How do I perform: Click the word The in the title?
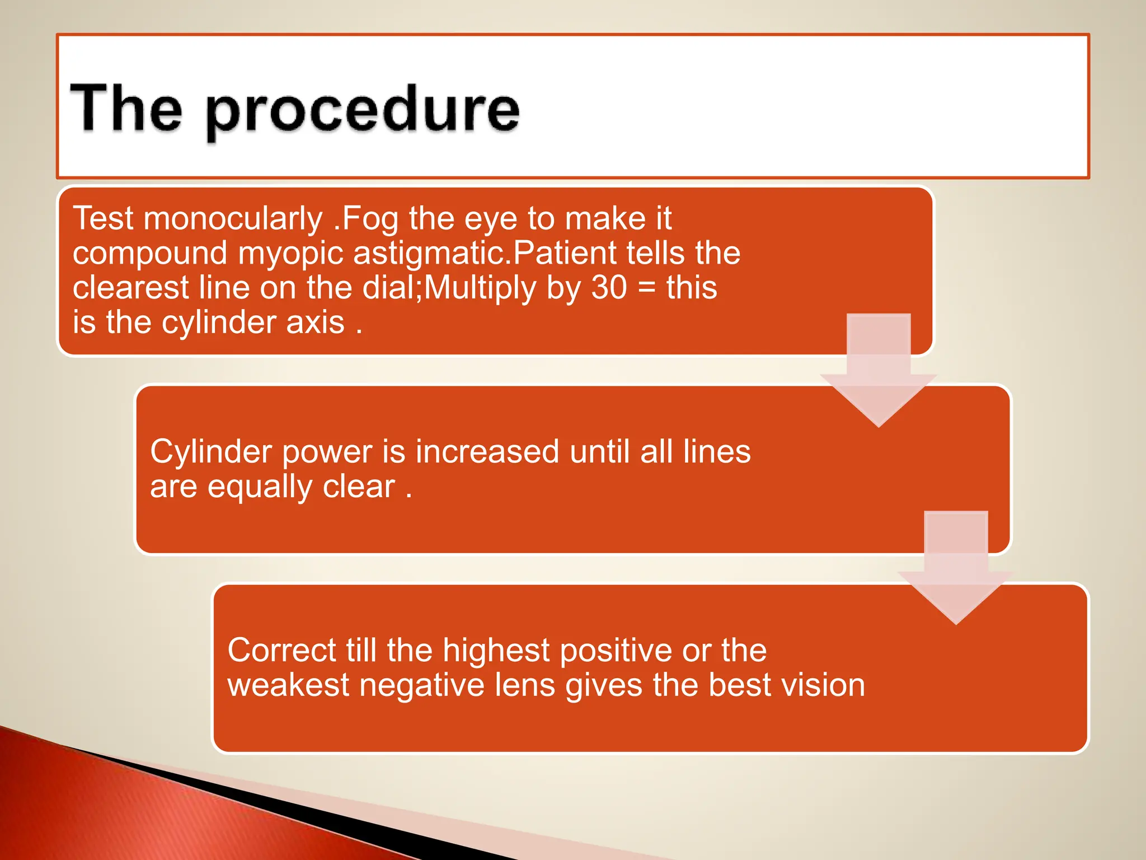coord(126,107)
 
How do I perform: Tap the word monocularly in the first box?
coord(233,218)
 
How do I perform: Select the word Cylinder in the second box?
coord(210,452)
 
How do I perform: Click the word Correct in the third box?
coord(281,651)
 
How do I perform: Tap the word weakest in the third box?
coord(288,685)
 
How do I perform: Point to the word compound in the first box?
coord(149,254)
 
